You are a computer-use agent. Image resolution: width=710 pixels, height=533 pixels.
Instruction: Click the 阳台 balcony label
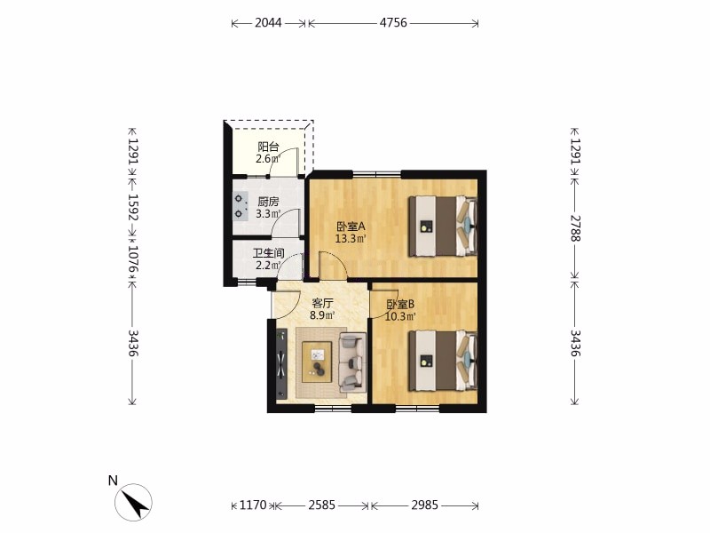pos(269,147)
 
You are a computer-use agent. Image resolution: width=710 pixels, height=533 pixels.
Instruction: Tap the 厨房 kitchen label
pos(268,202)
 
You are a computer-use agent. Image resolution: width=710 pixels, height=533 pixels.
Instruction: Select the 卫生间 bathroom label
pos(269,253)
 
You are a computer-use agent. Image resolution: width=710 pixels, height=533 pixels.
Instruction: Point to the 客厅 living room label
pos(322,303)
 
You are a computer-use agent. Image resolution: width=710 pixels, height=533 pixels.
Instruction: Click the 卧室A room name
pos(351,227)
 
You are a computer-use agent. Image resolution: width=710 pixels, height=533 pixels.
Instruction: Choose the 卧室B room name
pos(400,304)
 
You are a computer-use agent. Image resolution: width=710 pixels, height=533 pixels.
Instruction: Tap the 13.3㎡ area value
pos(351,238)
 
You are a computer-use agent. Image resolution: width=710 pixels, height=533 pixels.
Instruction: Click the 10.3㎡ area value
pos(400,316)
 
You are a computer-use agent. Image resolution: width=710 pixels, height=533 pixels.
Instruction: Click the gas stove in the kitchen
pos(241,206)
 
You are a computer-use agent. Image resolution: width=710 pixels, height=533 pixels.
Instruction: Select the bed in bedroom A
pos(443,226)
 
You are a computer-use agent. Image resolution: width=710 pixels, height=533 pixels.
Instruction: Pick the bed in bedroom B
pos(443,361)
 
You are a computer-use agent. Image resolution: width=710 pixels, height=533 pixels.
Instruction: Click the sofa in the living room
pos(351,362)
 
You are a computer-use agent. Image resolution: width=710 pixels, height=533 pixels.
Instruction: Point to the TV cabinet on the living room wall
pos(281,364)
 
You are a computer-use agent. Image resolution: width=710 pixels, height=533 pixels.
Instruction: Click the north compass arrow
pos(138,502)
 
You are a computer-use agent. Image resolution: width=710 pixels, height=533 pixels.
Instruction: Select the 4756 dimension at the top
pos(393,23)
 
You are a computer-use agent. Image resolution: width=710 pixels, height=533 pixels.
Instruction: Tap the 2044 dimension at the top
pos(268,23)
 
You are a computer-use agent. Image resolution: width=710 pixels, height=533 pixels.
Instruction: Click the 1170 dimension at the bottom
pos(253,505)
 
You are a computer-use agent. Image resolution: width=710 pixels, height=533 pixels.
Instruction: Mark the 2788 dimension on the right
pos(575,227)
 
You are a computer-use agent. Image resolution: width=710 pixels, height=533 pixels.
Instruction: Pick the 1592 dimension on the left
pos(132,207)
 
